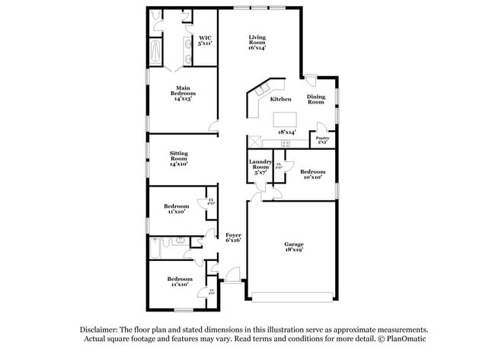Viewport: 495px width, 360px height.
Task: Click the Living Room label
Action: (256, 43)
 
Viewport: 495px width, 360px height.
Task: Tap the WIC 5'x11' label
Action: (206, 41)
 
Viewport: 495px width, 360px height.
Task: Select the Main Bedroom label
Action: (182, 93)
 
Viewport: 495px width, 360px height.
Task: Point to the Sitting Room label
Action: (178, 158)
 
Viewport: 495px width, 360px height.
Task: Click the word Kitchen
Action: (281, 99)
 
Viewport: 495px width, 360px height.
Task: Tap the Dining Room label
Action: (316, 99)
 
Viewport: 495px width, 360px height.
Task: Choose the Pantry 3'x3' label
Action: (322, 140)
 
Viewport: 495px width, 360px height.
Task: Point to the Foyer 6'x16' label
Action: (233, 238)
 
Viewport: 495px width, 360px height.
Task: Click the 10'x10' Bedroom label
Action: (311, 175)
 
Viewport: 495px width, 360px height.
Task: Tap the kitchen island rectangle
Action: (285, 119)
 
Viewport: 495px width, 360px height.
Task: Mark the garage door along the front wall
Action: (292, 296)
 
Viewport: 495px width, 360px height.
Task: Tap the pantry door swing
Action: (323, 126)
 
